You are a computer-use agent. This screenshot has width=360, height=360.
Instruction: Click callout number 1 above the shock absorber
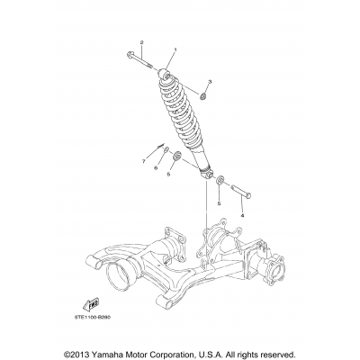175,49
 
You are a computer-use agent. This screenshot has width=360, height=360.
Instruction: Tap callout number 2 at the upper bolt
141,43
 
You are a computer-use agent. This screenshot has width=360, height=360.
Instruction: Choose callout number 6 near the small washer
155,167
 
